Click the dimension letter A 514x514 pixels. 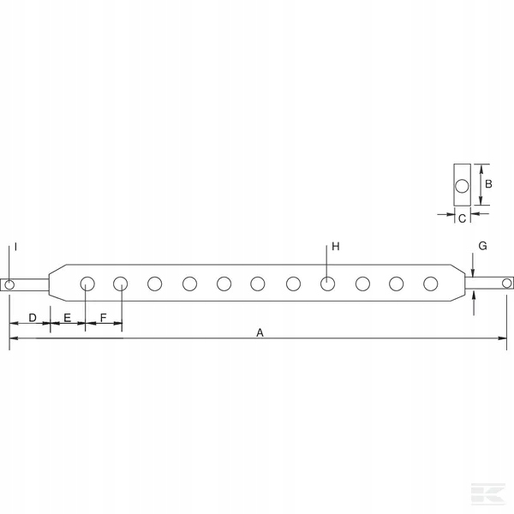click(260, 332)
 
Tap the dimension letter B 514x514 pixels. click(488, 184)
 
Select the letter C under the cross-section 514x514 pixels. click(462, 218)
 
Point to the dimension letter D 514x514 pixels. click(33, 318)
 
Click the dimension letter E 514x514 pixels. click(67, 318)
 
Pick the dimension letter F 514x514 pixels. click(104, 318)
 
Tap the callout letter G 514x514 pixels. click(482, 246)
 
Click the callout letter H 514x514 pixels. click(335, 246)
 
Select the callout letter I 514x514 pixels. click(15, 247)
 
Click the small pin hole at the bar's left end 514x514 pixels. click(9, 284)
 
